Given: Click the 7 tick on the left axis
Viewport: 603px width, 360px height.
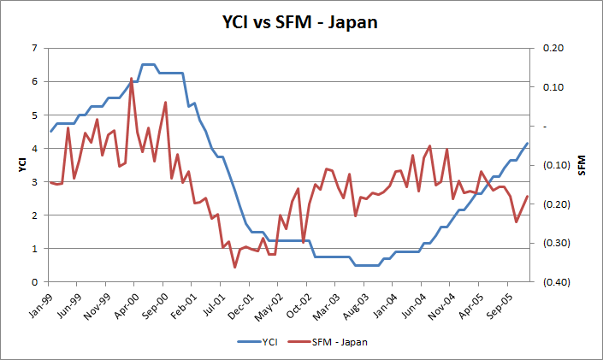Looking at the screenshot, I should pos(34,48).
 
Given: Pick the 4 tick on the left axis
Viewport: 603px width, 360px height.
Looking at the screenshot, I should pos(34,148).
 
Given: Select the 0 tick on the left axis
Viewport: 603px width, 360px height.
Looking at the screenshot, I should pos(34,282).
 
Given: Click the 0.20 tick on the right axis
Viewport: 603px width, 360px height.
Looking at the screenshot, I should pos(553,48).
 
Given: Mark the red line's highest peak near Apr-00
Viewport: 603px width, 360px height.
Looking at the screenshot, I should pos(131,78).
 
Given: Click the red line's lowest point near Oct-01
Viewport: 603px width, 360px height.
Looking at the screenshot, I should pos(234,268).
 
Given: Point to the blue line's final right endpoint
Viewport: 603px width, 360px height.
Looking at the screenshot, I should pos(528,143).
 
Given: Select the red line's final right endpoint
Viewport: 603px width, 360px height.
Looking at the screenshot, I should pos(528,196).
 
